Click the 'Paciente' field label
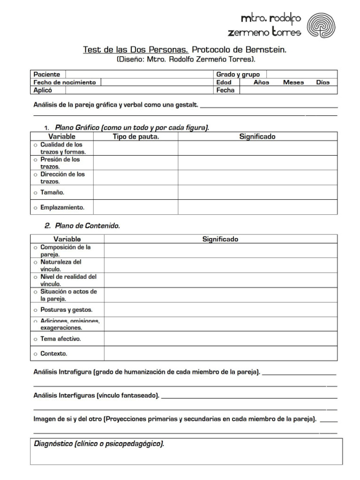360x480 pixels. (46, 74)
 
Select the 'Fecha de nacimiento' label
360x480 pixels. (64, 82)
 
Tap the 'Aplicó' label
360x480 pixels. (43, 90)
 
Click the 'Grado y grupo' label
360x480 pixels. (238, 74)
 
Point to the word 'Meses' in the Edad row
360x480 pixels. (293, 82)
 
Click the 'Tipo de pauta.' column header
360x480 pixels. (135, 136)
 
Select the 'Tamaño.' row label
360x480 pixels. (52, 192)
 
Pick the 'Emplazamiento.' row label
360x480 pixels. (61, 207)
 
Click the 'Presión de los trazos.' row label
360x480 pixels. (60, 163)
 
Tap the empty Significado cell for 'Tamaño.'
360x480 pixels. (257, 192)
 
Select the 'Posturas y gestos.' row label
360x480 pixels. (66, 310)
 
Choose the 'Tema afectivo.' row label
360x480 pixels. (60, 338)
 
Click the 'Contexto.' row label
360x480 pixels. (53, 353)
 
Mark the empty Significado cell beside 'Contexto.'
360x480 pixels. (220, 353)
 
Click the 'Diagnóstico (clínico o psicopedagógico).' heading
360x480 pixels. (98, 443)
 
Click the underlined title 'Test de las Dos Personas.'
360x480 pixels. (135, 49)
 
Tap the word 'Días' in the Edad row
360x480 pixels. (322, 82)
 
